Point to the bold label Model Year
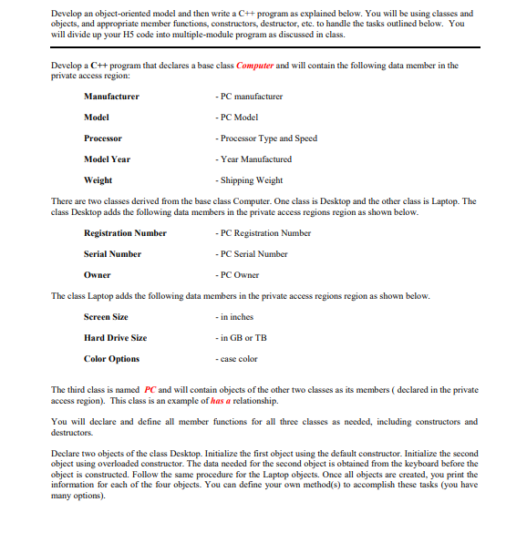pyautogui.click(x=107, y=159)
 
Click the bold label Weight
pyautogui.click(x=98, y=180)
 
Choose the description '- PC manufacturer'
pyautogui.click(x=247, y=96)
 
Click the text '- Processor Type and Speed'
pyautogui.click(x=264, y=138)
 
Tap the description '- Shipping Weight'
pyautogui.click(x=247, y=180)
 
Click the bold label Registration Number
pyautogui.click(x=125, y=232)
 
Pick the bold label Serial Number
pyautogui.click(x=112, y=253)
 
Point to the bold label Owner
pyautogui.click(x=97, y=274)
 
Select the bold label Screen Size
pyautogui.click(x=106, y=317)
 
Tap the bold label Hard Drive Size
pyautogui.click(x=115, y=338)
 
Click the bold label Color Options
pyautogui.click(x=111, y=359)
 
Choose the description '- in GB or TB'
pyautogui.click(x=241, y=338)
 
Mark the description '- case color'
pyautogui.click(x=236, y=359)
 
